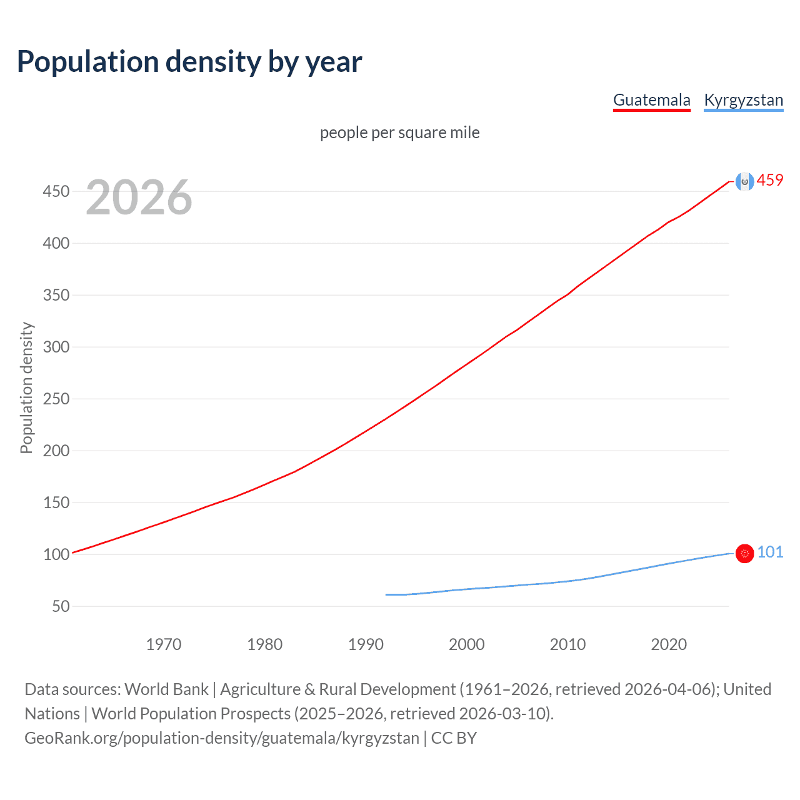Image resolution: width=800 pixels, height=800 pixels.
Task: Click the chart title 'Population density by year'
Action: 189,62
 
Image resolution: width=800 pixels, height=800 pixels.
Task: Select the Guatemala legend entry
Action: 651,100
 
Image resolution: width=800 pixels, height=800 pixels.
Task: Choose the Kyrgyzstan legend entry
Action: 743,100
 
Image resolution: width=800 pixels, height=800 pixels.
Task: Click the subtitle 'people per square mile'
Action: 399,132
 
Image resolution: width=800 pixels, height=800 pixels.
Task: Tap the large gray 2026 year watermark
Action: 139,197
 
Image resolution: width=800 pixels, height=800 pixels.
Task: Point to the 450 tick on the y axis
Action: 56,191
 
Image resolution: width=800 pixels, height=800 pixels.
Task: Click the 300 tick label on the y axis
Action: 56,347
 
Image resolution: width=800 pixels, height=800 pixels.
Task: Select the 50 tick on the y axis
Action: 61,606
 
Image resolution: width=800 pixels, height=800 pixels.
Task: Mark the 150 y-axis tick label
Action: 56,502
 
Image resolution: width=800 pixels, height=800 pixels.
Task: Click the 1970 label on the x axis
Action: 164,644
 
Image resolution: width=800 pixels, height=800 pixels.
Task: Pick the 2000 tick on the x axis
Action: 467,644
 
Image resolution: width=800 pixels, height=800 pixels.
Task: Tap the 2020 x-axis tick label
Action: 669,644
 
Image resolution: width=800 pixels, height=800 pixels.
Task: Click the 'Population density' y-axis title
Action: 26,387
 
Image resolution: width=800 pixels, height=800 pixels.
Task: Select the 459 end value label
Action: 770,181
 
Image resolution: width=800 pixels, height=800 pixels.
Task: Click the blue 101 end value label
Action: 770,552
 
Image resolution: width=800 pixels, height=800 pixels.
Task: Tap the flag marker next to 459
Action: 744,181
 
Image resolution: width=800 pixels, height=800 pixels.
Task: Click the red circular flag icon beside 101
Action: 744,553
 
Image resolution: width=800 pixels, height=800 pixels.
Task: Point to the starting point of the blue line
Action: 386,594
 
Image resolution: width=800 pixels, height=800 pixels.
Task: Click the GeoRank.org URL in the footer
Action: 222,738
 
